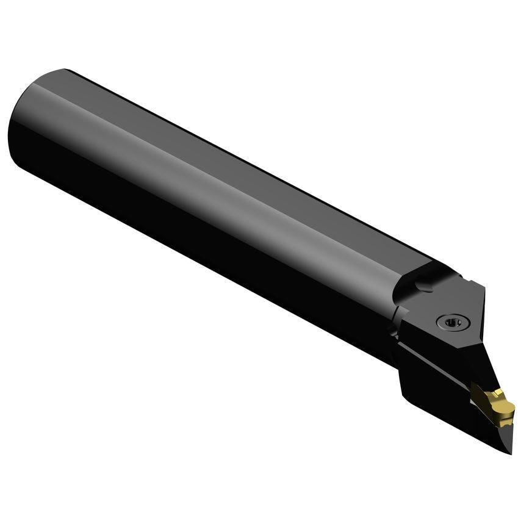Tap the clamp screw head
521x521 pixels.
pyautogui.click(x=449, y=322)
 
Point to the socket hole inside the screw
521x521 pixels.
pyautogui.click(x=450, y=322)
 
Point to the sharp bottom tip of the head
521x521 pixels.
pyautogui.click(x=511, y=451)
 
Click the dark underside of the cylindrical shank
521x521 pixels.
pyautogui.click(x=183, y=244)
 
